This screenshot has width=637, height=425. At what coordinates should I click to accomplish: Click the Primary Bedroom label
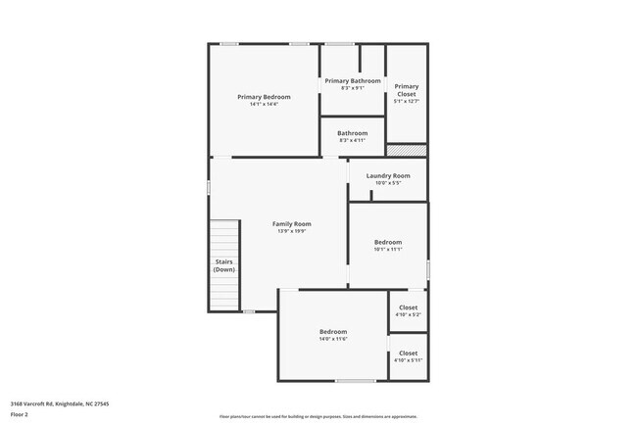pyautogui.click(x=264, y=97)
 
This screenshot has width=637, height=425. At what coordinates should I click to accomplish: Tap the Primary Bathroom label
pyautogui.click(x=353, y=80)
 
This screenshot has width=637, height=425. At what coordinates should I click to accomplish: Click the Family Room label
pyautogui.click(x=291, y=224)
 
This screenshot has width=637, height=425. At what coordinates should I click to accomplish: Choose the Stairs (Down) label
pyautogui.click(x=223, y=265)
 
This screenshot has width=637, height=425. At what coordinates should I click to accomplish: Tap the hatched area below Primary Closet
pyautogui.click(x=407, y=151)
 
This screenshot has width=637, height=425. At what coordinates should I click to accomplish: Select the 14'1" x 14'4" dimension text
pyautogui.click(x=264, y=105)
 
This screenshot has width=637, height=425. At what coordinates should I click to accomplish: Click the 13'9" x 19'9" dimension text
pyautogui.click(x=291, y=232)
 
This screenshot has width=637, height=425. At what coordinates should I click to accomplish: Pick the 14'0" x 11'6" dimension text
pyautogui.click(x=333, y=340)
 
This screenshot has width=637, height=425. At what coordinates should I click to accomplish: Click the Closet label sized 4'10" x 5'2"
pyautogui.click(x=408, y=307)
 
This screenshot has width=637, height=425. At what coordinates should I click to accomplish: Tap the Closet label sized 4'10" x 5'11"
pyautogui.click(x=408, y=353)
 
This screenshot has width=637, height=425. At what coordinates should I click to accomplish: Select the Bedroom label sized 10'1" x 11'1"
pyautogui.click(x=388, y=242)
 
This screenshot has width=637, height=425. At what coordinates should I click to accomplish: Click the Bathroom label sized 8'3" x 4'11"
pyautogui.click(x=353, y=133)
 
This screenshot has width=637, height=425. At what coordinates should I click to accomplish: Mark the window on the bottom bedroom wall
pyautogui.click(x=355, y=381)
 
